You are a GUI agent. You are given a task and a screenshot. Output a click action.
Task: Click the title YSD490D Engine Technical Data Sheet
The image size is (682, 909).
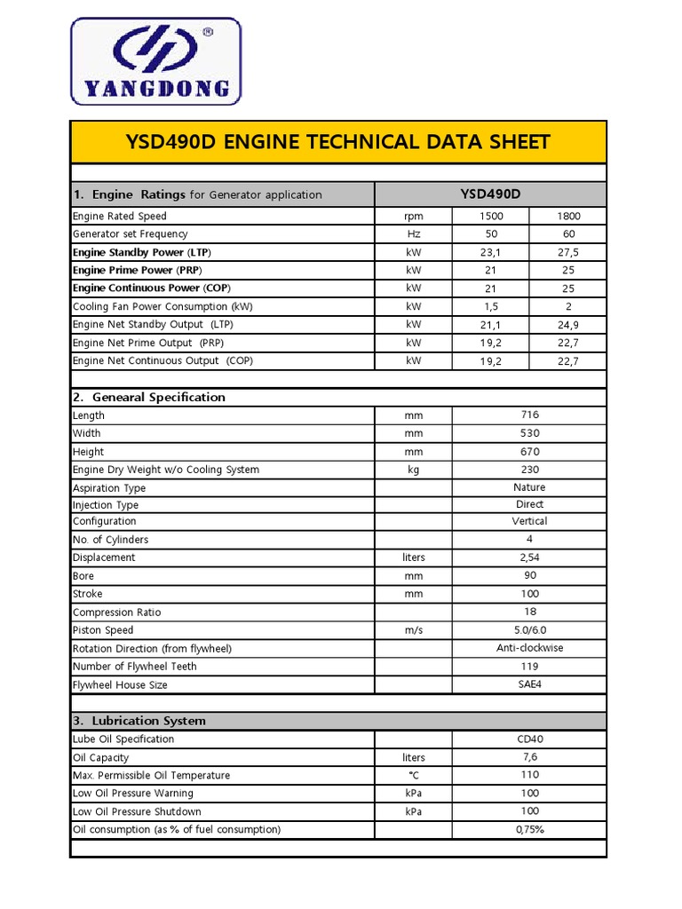click(x=338, y=142)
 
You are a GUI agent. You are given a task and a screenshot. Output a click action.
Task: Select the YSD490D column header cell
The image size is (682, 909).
click(x=490, y=194)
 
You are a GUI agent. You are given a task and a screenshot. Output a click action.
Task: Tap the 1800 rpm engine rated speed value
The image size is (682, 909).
click(x=568, y=216)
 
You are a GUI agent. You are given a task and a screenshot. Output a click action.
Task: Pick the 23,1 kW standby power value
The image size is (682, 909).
click(x=491, y=252)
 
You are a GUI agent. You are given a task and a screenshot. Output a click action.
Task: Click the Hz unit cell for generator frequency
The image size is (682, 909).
click(x=413, y=234)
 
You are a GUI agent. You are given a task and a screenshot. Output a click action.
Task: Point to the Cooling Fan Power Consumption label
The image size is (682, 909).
click(x=162, y=306)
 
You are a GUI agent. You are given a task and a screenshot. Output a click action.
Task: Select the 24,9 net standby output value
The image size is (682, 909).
click(x=568, y=325)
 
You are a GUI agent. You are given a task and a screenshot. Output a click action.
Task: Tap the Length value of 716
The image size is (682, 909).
click(x=529, y=415)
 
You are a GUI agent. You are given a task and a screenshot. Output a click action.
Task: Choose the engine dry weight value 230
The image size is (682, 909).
click(x=529, y=470)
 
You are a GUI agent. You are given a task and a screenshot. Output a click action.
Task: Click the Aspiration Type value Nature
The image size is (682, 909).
click(x=529, y=487)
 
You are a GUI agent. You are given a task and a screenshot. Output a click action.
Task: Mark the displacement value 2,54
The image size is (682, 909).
click(x=529, y=557)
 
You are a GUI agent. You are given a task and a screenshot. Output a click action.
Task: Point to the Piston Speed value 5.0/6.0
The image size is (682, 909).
click(x=529, y=630)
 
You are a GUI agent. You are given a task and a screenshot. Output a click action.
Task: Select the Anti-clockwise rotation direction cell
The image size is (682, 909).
click(x=529, y=648)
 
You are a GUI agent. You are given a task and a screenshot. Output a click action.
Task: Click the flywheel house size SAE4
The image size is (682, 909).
click(x=529, y=684)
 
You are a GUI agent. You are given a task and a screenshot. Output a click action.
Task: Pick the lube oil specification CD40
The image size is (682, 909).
click(x=529, y=739)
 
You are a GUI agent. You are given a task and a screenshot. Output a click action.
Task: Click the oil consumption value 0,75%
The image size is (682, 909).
click(x=529, y=829)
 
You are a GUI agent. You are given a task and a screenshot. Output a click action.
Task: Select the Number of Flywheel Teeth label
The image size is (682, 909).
click(x=135, y=667)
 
